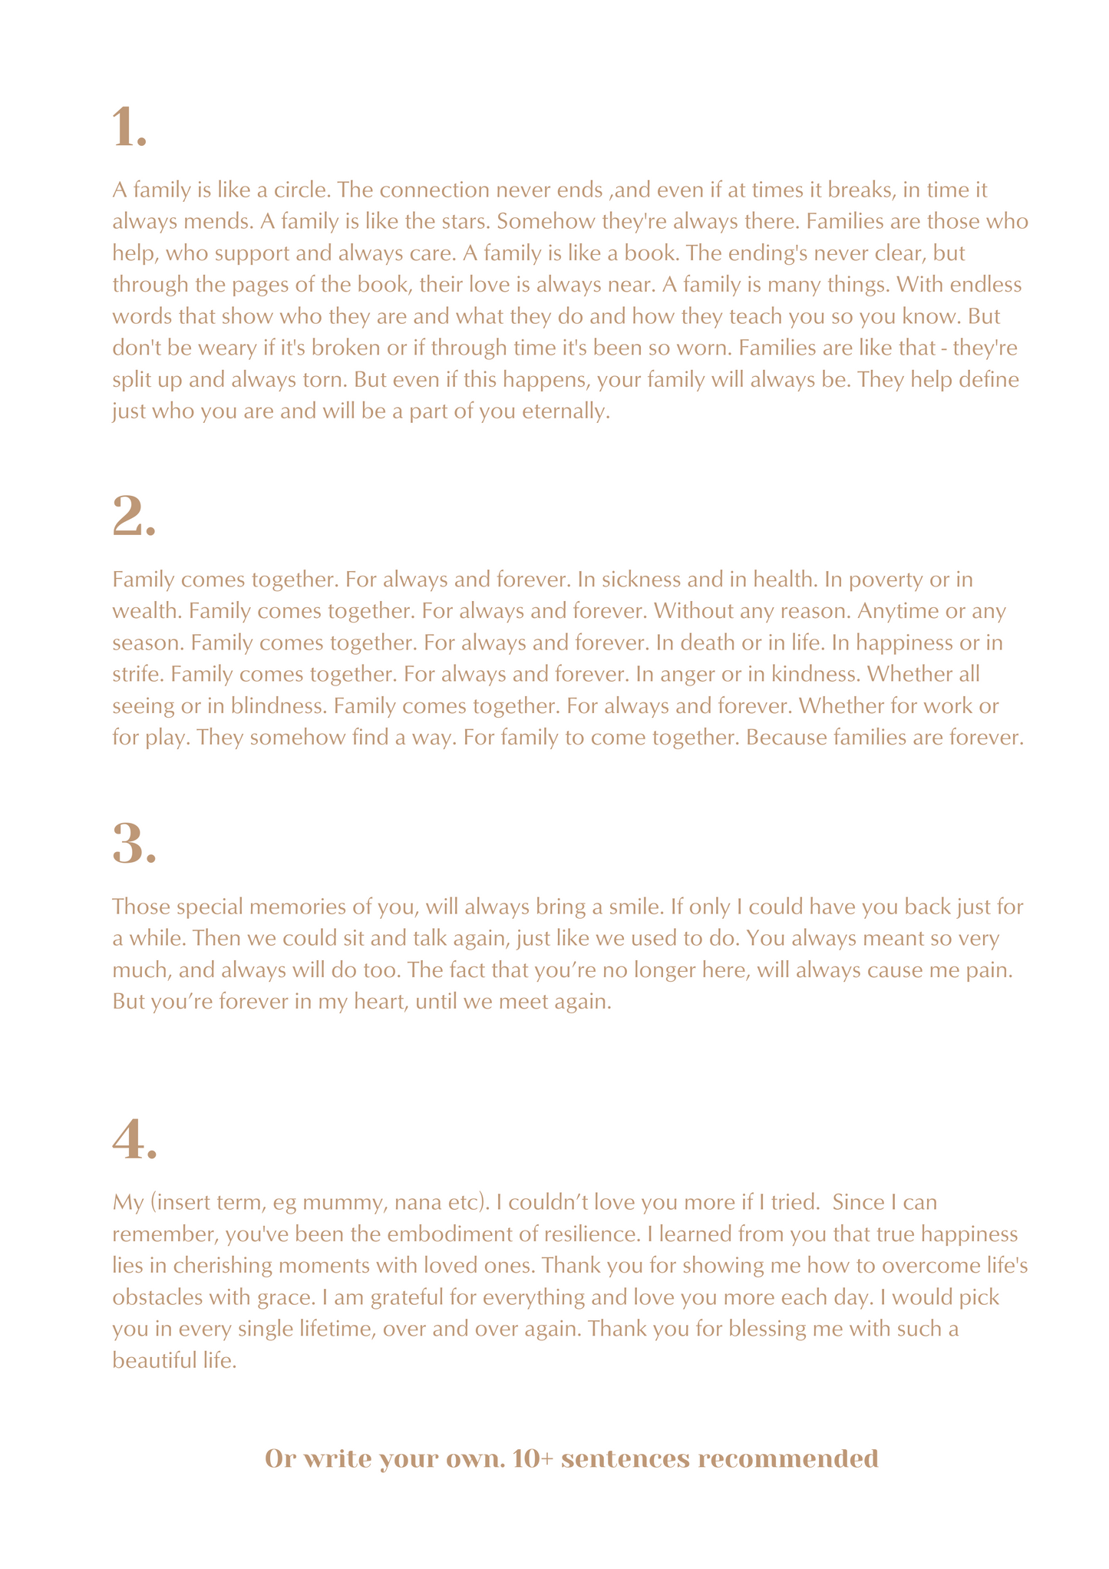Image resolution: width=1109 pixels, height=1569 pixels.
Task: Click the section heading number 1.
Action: coord(129,128)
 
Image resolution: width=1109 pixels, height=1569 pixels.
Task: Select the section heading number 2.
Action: coord(134,517)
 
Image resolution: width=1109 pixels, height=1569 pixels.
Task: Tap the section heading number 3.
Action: coord(134,844)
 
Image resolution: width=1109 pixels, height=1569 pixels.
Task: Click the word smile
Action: coord(633,907)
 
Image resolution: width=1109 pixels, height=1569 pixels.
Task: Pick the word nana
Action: coord(418,1202)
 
